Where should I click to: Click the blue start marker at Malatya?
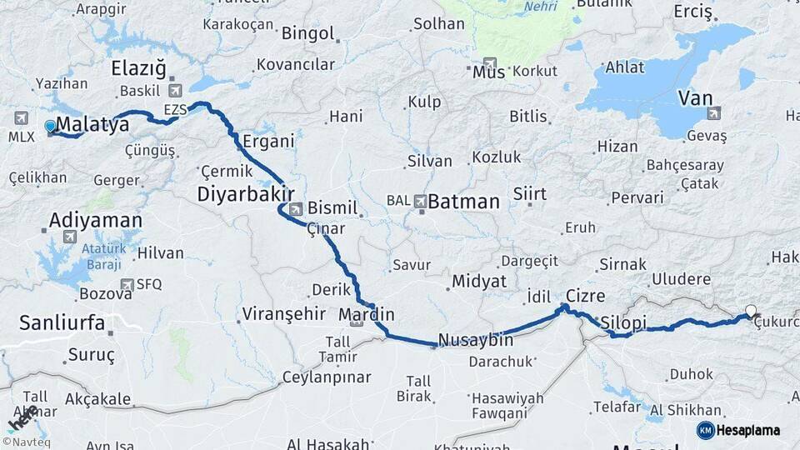click(51, 127)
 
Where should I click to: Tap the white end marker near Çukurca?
click(751, 312)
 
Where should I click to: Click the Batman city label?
click(464, 202)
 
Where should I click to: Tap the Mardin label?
click(367, 315)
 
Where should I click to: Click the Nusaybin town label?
click(475, 340)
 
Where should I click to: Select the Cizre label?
click(585, 296)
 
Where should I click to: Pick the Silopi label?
click(623, 322)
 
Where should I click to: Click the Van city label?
click(695, 98)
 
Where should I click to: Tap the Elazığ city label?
click(139, 68)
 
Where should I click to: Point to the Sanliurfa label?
click(62, 322)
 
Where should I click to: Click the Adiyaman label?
click(95, 220)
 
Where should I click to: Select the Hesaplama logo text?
click(749, 430)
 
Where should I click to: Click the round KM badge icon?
click(705, 430)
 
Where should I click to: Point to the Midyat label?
click(478, 281)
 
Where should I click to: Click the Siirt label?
click(530, 194)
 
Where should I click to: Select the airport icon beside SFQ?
click(127, 284)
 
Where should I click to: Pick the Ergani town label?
click(269, 142)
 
